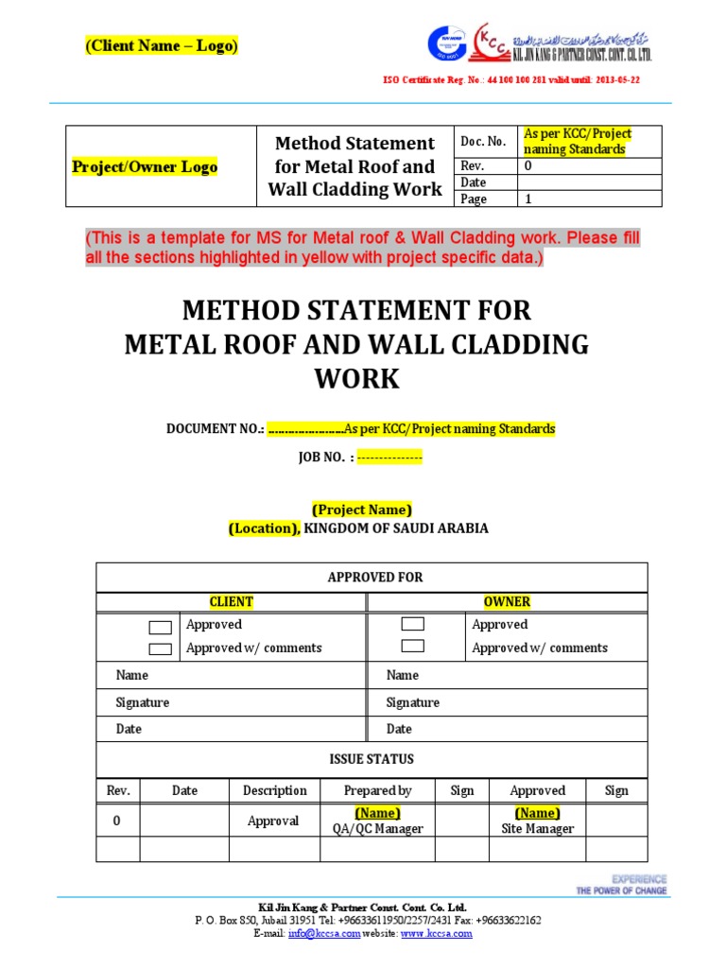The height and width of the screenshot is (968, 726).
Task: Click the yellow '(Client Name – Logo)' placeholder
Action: coord(162,46)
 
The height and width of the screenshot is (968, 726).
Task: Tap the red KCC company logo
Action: coord(492,43)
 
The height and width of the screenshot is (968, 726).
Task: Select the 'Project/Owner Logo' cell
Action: coord(145,167)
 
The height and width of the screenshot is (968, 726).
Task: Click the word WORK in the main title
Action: coord(356,379)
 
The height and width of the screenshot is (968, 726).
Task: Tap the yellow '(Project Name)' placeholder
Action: coord(362,509)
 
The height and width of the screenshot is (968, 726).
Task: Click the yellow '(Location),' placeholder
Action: coord(264,528)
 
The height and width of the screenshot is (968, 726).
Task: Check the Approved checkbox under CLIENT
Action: coord(161,627)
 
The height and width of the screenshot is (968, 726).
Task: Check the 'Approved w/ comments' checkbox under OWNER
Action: coord(412,647)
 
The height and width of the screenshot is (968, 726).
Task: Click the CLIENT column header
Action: coord(231,602)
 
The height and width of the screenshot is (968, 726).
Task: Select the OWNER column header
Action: coord(507,602)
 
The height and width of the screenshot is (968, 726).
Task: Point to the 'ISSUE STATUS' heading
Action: coord(371,759)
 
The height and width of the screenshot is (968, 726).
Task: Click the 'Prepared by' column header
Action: coord(377,790)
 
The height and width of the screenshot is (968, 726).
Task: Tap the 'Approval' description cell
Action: coord(273,821)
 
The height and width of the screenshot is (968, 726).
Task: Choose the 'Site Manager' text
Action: coord(537,829)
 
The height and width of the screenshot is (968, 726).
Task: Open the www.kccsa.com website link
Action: coord(436,934)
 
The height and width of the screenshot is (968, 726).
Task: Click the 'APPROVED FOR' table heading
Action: coord(374,577)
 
